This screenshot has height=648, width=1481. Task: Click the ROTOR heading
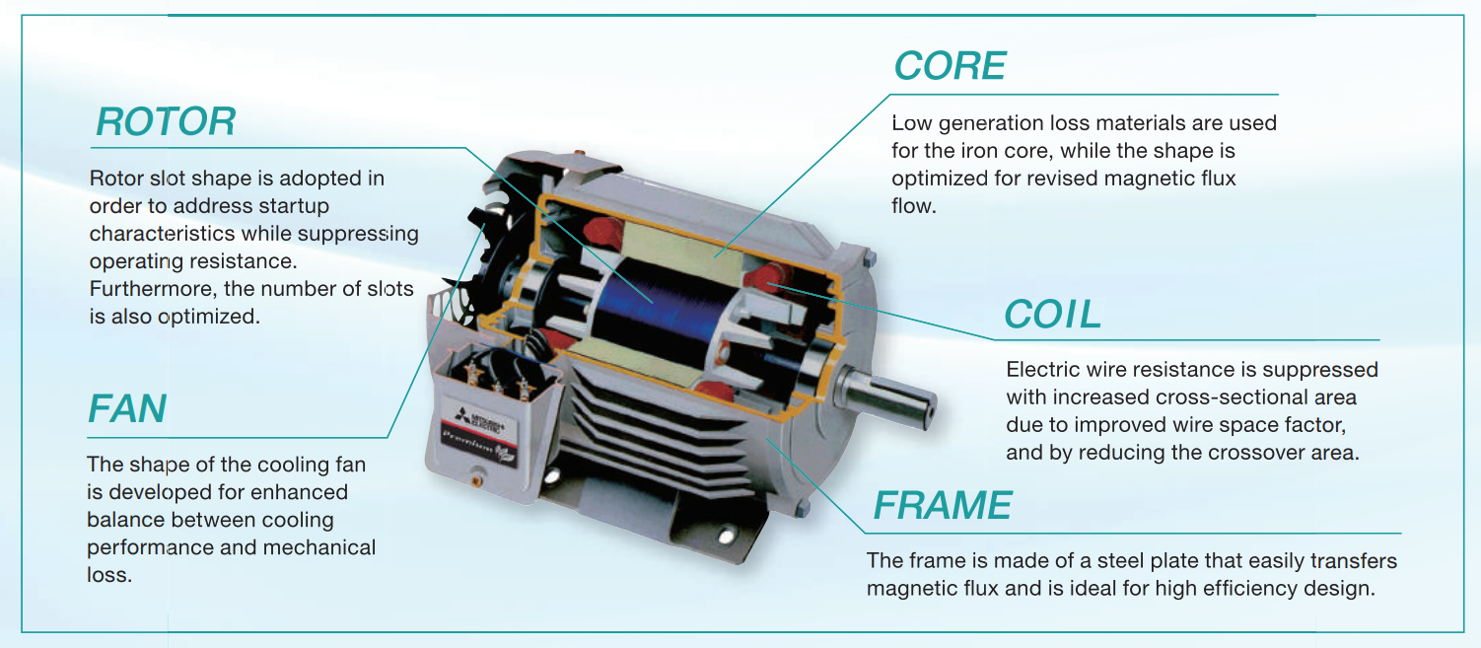pos(166,122)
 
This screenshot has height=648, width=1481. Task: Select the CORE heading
pos(950,66)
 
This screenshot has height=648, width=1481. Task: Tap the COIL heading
pos(1052,315)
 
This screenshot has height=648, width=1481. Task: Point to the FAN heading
pos(127,409)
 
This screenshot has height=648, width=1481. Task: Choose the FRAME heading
pos(942,506)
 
